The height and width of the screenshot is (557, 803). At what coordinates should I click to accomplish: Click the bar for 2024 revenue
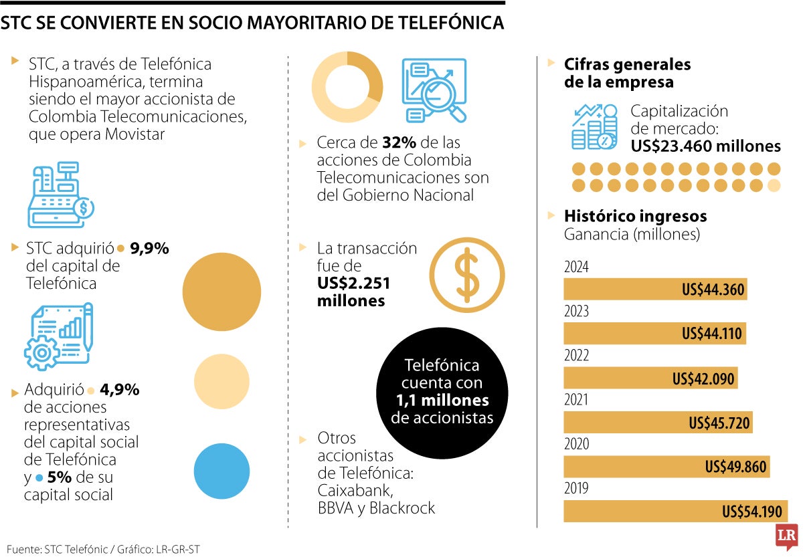tap(655, 290)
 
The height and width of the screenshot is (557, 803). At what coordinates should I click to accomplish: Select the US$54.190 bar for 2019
tap(675, 512)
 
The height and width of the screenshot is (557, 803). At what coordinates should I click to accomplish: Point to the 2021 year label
tap(576, 400)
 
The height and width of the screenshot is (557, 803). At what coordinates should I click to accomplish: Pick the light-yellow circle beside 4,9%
tap(221, 381)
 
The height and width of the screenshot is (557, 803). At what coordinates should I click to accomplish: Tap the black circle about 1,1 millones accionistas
tap(441, 392)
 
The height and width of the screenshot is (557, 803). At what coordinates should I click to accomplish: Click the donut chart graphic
tap(348, 88)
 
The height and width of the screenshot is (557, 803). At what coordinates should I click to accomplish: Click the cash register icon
tap(60, 195)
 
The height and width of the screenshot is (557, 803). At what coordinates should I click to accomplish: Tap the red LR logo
tap(787, 538)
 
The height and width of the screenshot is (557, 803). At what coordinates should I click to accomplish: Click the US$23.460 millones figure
tap(706, 146)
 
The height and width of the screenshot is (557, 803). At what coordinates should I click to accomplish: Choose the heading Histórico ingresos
tap(635, 216)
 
